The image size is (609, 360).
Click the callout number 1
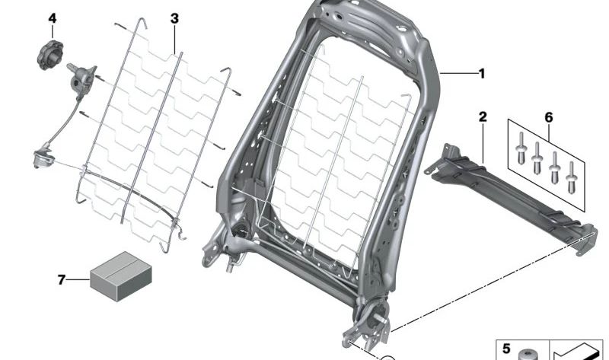(x=481, y=74)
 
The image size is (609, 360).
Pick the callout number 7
(x=62, y=279)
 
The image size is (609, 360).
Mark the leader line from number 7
(x=78, y=279)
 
